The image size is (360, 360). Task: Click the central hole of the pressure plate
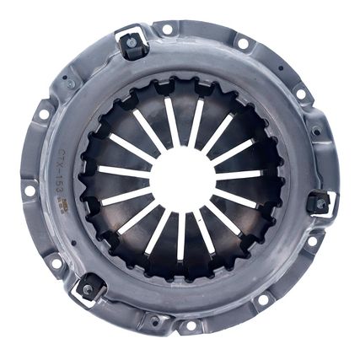click(180, 179)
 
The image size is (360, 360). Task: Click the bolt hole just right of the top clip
click(166, 30)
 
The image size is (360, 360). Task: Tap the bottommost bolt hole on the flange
click(191, 325)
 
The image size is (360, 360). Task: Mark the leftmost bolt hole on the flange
click(30, 191)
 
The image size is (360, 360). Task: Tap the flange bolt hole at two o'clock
click(300, 94)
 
